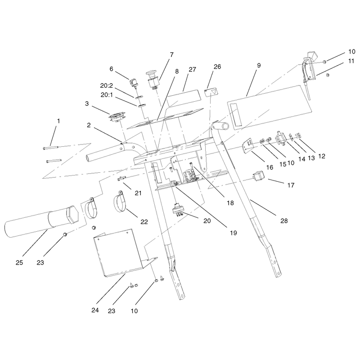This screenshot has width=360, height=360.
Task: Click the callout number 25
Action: [19, 262]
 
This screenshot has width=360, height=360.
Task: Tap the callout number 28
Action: [284, 220]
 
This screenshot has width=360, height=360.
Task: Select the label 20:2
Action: [107, 85]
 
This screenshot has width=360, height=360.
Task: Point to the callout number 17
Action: [291, 185]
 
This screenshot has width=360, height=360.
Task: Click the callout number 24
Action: [95, 310]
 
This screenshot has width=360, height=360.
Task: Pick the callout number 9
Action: [259, 65]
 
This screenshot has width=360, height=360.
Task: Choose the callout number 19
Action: [233, 233]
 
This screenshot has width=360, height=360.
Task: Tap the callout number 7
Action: [171, 54]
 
